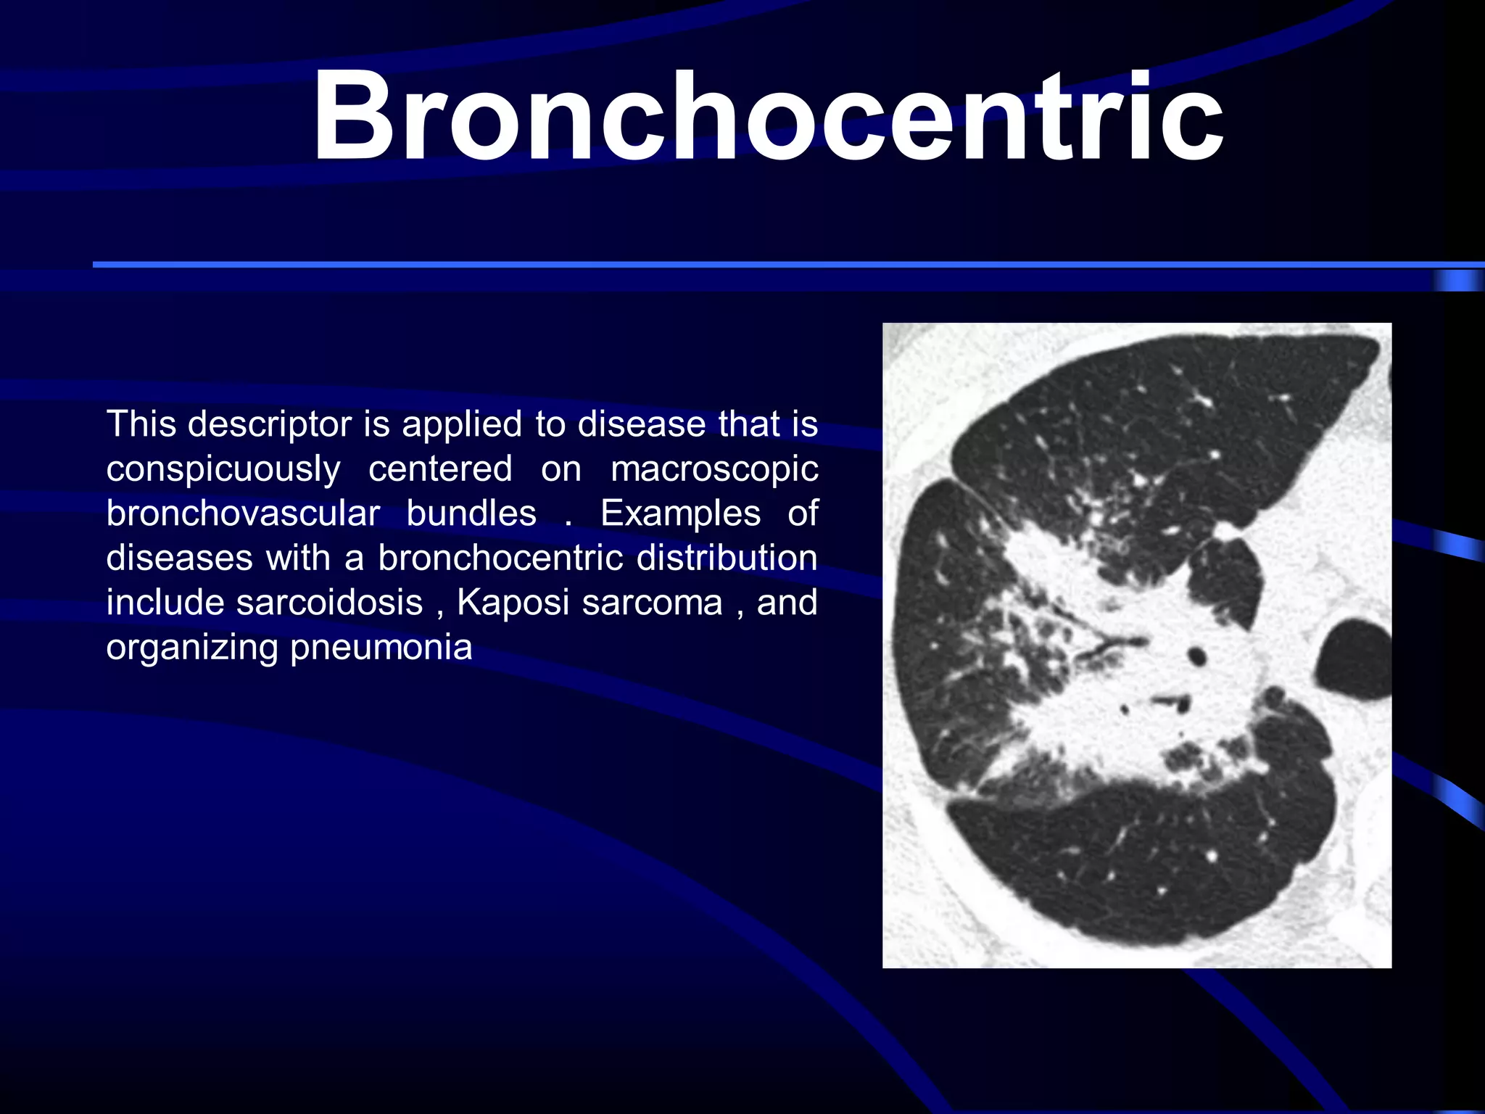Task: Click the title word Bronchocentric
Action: coord(767,116)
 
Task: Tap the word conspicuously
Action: coord(223,469)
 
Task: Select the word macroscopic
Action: coord(714,469)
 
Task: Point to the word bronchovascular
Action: coord(243,513)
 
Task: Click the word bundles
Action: coord(471,513)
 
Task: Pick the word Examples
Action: coord(680,513)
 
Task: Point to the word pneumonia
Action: coord(381,648)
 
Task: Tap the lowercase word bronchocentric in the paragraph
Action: coord(500,558)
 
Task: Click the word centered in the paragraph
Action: coord(440,469)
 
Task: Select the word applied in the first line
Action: coord(461,424)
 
